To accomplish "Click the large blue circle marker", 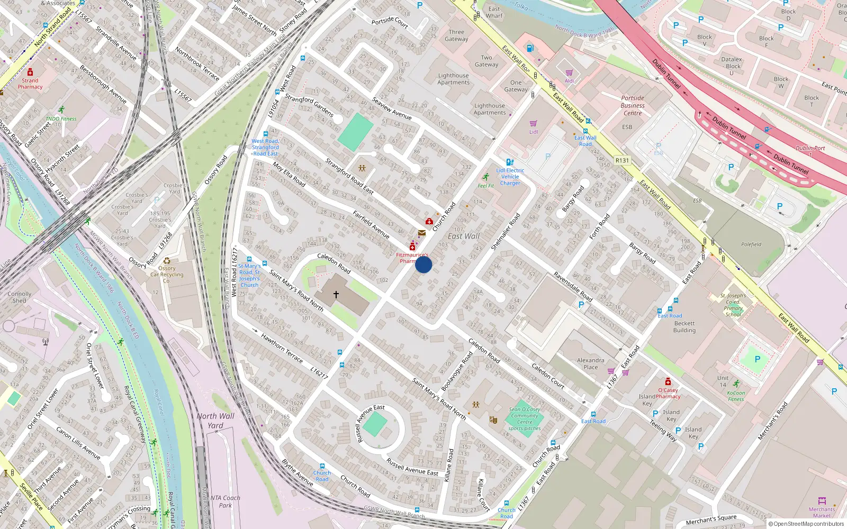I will pos(424,264).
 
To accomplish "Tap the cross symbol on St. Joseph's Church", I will pos(336,294).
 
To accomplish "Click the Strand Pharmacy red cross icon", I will pos(30,72).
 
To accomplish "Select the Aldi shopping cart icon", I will pos(569,73).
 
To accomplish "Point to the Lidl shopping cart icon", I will pos(533,123).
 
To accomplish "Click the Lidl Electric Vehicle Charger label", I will pos(510,177).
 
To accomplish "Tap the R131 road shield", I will pos(622,160).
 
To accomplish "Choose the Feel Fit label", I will pos(485,186).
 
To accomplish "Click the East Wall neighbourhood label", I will pos(464,236).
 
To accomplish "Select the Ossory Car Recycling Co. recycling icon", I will pos(167,261).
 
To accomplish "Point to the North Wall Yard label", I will pos(215,421).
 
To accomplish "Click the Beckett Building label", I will pos(684,326).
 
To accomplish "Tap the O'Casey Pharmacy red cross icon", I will pos(668,382).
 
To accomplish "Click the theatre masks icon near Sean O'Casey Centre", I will pos(493,420).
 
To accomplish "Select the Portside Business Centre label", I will pos(633,105).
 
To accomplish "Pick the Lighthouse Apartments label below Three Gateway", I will pos(454,79).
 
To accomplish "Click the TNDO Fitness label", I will pos(61,118).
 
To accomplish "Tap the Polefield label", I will pos(751,244).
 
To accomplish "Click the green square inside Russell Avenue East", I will pos(375,424).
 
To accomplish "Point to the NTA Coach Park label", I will pos(225,501).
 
